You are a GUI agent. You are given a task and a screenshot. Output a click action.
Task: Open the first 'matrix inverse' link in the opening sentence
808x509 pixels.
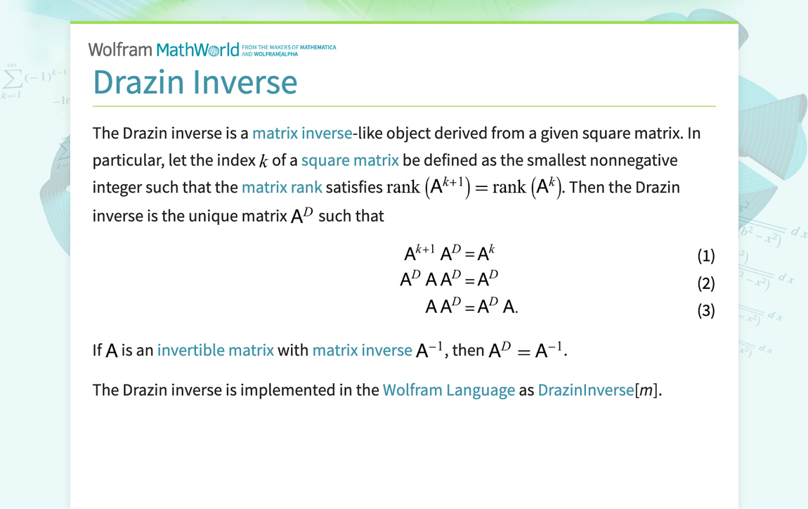tap(302, 133)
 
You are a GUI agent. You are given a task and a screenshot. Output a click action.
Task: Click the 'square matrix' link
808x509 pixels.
tap(350, 160)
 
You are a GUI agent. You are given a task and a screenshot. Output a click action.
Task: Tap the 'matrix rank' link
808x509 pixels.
tap(282, 188)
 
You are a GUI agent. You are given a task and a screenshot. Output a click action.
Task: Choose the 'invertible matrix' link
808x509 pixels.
tap(216, 349)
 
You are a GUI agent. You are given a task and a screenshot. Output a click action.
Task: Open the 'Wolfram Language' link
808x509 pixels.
tap(449, 389)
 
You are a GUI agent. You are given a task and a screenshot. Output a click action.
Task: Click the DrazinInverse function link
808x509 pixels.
tap(586, 389)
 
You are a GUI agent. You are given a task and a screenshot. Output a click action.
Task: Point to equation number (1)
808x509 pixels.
tap(705, 256)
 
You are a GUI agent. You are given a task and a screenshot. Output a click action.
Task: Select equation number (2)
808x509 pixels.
tap(705, 283)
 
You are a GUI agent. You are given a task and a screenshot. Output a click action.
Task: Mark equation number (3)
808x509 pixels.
tap(705, 310)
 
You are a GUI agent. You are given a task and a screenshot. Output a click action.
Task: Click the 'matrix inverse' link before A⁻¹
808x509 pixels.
tap(362, 349)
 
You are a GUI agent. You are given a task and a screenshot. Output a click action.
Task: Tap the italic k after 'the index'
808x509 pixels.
tap(263, 162)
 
